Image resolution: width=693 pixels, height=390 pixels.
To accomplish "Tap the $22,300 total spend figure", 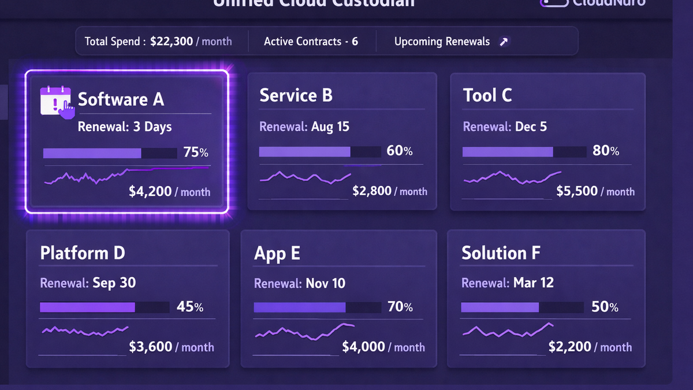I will (x=172, y=42).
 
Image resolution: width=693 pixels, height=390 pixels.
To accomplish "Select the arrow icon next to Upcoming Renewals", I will (x=504, y=42).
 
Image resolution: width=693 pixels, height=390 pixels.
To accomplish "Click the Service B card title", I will (x=296, y=95).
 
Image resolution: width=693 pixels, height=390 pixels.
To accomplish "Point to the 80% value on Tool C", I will (x=606, y=151).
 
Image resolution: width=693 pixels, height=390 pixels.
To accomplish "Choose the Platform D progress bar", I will (x=104, y=307).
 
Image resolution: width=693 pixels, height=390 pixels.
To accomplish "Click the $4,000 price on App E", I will (x=363, y=347).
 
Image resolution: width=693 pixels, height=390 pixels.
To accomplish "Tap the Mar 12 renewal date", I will (x=533, y=283).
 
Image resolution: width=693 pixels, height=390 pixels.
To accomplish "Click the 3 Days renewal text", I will (x=152, y=127).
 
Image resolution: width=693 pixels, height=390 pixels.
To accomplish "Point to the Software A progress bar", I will (x=110, y=153).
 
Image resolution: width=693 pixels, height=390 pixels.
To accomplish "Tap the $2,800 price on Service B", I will (x=372, y=191).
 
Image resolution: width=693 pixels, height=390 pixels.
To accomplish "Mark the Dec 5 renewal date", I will (x=530, y=127).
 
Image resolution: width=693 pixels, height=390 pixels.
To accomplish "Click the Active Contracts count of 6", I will (x=355, y=42).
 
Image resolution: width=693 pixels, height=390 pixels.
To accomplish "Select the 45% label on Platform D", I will (x=189, y=307).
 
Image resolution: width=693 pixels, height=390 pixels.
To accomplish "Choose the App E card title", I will (x=277, y=254).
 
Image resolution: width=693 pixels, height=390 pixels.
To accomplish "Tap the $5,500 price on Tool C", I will (x=576, y=191).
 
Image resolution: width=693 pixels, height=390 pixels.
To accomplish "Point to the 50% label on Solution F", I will (x=605, y=307).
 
